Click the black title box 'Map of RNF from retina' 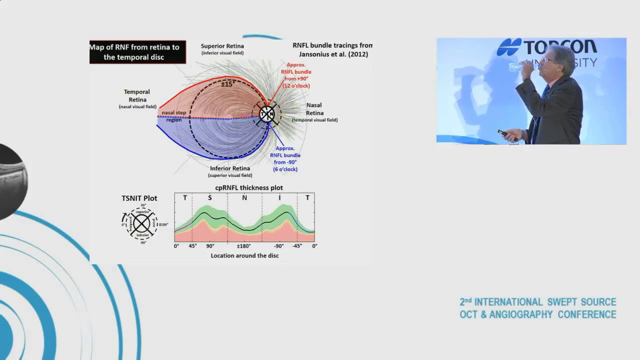(x=137, y=52)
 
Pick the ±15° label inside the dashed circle (x=227, y=84)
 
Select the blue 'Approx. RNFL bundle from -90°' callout (x=285, y=158)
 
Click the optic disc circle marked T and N (x=267, y=114)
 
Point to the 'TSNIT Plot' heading (x=139, y=198)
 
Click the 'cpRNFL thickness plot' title (x=245, y=187)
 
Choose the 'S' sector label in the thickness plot (x=209, y=197)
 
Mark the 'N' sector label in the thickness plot (x=244, y=197)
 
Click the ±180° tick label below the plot (x=243, y=246)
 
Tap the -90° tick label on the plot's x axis (x=278, y=246)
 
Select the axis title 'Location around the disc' (x=244, y=255)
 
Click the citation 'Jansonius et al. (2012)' (x=333, y=54)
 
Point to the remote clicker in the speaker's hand (x=502, y=133)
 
